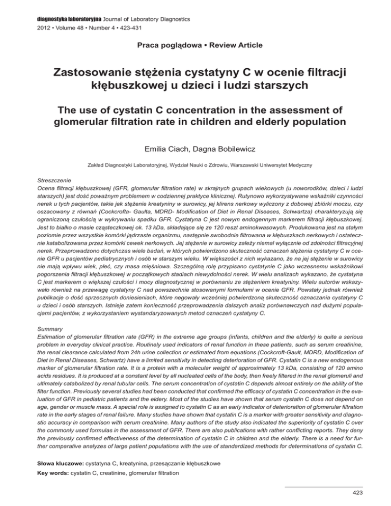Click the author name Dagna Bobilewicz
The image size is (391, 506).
[x=226, y=151]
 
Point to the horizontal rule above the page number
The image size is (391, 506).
[x=323, y=487]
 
